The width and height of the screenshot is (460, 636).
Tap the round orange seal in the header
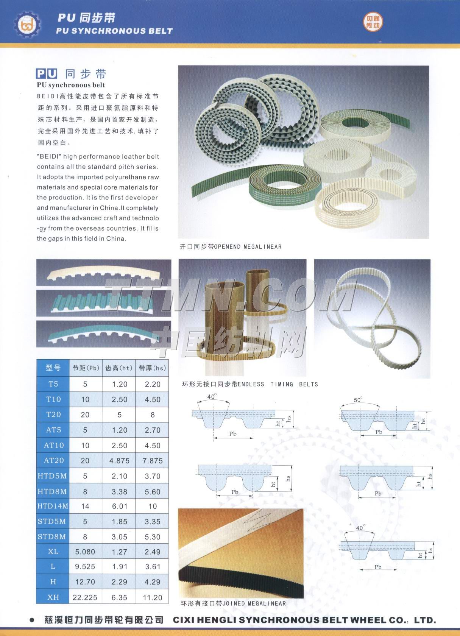[373, 22]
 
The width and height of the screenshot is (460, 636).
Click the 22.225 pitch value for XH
[85, 597]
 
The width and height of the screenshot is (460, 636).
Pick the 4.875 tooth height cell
[119, 460]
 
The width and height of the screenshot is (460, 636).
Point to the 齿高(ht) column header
[119, 368]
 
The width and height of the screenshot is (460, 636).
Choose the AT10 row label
[54, 445]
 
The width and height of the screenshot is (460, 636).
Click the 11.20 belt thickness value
[153, 597]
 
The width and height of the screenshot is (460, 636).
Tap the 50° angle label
[358, 399]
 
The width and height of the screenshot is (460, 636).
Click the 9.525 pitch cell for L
[85, 566]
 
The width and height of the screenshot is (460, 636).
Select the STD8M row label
[51, 537]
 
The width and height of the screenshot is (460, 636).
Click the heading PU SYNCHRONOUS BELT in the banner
[114, 31]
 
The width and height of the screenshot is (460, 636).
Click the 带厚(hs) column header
[152, 368]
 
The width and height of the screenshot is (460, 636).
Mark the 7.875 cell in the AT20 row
[153, 460]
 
